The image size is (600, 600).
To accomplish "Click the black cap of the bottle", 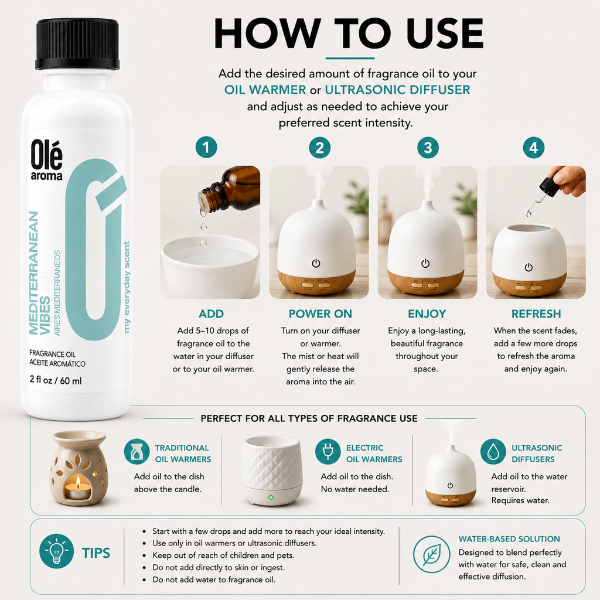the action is tap(77, 44).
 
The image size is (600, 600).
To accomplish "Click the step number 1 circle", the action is tap(206, 147).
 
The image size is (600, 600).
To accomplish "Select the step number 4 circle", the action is tap(533, 148).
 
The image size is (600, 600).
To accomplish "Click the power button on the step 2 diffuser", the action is tap(316, 263).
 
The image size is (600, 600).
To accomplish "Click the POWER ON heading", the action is tap(321, 314).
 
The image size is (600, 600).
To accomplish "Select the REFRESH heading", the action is tap(536, 314).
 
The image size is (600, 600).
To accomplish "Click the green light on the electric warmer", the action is tap(271, 497).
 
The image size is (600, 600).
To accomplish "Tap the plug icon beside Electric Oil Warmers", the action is tap(328, 452).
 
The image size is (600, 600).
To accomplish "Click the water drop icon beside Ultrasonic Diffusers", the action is tap(493, 452).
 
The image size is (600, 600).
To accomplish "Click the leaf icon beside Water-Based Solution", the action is tap(432, 554).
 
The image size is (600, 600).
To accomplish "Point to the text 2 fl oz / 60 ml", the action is tap(56, 380).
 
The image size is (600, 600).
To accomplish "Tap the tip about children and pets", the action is tap(223, 555).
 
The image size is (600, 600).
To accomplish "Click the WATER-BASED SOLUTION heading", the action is tap(509, 539).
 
